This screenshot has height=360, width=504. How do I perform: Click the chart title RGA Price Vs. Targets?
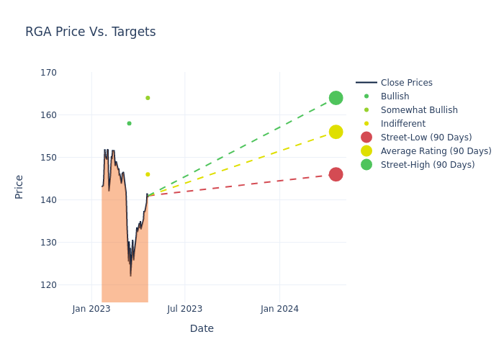tap(91, 32)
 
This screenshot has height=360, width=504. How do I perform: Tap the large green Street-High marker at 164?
tap(336, 98)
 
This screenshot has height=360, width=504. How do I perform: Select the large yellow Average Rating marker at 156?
tap(336, 132)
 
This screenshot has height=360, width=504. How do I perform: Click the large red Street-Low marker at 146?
tap(336, 174)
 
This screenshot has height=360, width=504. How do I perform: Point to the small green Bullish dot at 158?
tap(129, 123)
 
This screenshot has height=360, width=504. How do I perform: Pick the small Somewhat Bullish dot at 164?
tap(148, 98)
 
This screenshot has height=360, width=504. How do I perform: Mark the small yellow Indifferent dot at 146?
tap(148, 174)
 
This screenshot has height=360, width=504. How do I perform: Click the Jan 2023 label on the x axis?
tap(91, 309)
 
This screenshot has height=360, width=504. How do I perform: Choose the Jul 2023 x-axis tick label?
tap(185, 309)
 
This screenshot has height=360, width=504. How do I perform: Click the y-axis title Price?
tap(19, 186)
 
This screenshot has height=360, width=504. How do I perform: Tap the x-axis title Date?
tap(202, 329)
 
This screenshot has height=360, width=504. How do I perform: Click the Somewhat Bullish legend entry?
tap(419, 110)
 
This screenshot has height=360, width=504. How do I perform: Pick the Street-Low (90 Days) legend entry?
tap(426, 138)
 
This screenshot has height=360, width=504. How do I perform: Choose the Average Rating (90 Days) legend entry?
tap(436, 151)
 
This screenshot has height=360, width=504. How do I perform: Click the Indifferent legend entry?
tap(403, 124)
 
